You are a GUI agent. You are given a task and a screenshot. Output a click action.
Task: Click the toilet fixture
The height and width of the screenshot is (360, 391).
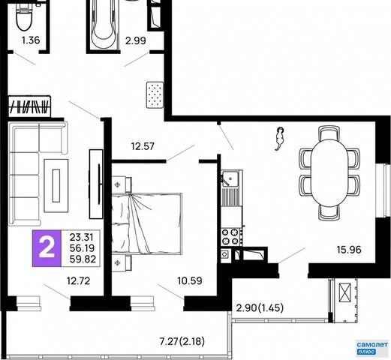(24, 16)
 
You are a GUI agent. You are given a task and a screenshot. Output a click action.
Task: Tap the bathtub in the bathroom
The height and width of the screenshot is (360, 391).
(104, 24)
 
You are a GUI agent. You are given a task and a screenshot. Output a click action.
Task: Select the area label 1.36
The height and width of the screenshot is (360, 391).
(31, 40)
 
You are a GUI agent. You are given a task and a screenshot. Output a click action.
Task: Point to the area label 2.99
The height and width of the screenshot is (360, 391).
(136, 40)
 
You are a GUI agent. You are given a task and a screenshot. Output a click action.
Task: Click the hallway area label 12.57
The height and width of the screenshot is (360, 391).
(143, 146)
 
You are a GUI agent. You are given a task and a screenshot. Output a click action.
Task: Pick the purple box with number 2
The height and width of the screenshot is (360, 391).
(47, 248)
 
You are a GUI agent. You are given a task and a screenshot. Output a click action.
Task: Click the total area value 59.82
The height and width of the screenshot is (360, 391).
(83, 259)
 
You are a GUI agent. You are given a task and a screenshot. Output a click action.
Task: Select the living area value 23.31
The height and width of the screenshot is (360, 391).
(81, 236)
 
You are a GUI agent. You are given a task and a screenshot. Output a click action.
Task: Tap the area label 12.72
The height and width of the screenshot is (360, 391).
(78, 281)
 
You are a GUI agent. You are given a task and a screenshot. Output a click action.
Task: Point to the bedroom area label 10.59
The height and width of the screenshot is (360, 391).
(190, 280)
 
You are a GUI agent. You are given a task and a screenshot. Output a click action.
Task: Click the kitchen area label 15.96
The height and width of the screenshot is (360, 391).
(349, 250)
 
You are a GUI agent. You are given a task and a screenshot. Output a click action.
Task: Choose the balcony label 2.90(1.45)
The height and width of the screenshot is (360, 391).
(260, 307)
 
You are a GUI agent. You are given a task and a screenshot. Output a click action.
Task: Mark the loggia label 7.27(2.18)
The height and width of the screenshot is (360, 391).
(182, 341)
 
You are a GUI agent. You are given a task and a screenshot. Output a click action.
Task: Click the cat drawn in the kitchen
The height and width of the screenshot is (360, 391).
(279, 139)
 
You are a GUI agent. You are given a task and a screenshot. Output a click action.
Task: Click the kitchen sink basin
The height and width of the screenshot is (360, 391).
(230, 178)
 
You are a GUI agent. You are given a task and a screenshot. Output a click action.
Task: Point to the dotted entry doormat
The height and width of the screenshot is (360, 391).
(155, 94)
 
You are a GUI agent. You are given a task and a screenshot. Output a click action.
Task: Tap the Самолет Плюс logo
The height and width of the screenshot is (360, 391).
(372, 347)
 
